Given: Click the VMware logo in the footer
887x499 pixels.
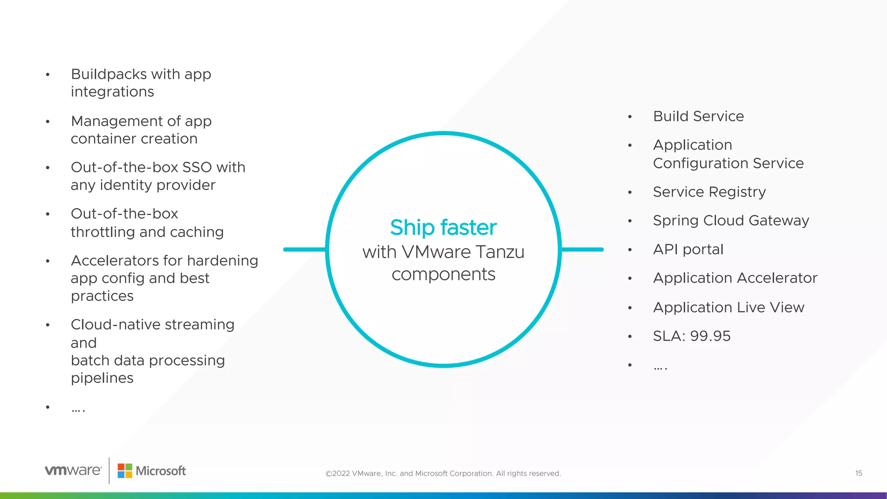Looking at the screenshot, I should [73, 470].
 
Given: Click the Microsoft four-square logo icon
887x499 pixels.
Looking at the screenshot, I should [125, 471].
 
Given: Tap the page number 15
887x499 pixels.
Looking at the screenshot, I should [858, 473].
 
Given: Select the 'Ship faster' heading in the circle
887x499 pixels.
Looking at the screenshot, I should [443, 227].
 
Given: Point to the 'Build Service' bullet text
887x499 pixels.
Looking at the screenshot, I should [698, 116].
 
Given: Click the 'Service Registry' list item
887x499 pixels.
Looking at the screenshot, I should [709, 191].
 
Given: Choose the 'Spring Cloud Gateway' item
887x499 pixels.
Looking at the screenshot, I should [731, 220].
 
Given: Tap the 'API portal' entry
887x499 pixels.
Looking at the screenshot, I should [688, 249].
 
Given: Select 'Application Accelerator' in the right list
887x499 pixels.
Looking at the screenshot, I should [735, 278].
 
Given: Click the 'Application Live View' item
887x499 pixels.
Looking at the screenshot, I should [728, 307].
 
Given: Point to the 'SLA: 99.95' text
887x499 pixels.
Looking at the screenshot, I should [691, 336].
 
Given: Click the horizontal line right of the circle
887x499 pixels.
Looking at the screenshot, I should [582, 249].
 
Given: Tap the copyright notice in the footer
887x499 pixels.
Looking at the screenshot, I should [443, 473].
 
